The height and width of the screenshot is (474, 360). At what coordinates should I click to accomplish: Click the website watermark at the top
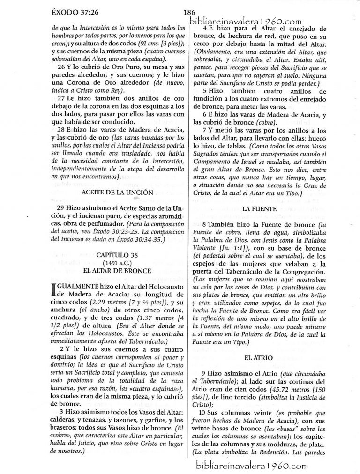coord(246,20)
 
